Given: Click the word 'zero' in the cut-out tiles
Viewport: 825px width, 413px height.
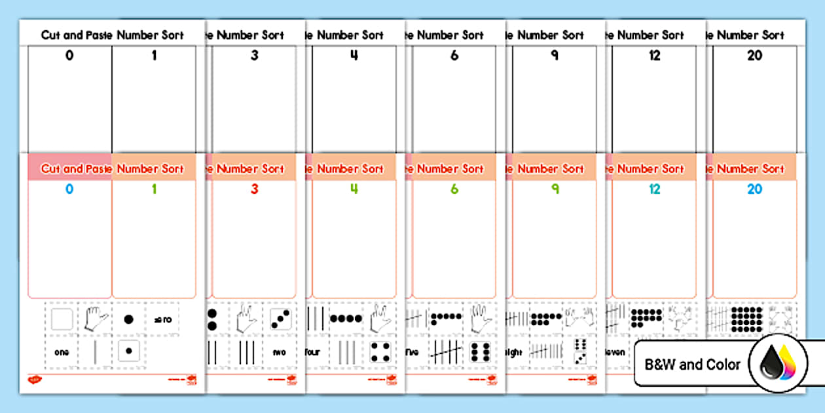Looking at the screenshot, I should pyautogui.click(x=162, y=320).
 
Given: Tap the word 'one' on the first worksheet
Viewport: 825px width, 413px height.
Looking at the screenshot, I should pyautogui.click(x=62, y=352).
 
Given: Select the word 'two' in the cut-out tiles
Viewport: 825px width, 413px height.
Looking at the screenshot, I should pyautogui.click(x=280, y=352).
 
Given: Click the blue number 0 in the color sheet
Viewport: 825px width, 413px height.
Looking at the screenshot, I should pyautogui.click(x=69, y=190).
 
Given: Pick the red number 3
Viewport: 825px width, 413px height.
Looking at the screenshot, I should pyautogui.click(x=255, y=190).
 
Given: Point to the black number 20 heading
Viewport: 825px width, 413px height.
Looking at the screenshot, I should pyautogui.click(x=755, y=56).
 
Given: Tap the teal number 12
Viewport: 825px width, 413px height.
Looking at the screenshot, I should pyautogui.click(x=655, y=190).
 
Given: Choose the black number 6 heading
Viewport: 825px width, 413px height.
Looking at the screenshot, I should pyautogui.click(x=454, y=56).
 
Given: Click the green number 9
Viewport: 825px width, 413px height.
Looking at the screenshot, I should pyautogui.click(x=554, y=190).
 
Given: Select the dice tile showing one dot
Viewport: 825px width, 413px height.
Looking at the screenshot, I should pyautogui.click(x=128, y=352).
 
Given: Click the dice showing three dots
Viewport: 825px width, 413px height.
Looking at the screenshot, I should pyautogui.click(x=280, y=319).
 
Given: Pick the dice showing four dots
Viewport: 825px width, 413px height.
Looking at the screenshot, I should pyautogui.click(x=379, y=352).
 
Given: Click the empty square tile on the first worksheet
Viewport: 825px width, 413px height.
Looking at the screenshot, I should pyautogui.click(x=62, y=320).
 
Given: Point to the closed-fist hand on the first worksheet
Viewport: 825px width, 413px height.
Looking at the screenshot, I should pyautogui.click(x=95, y=319).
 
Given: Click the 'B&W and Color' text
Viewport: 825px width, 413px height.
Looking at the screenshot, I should pyautogui.click(x=693, y=364).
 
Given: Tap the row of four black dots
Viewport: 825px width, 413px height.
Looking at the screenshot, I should pyautogui.click(x=346, y=319).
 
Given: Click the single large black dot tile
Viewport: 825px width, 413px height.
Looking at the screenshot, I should pyautogui.click(x=128, y=320).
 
